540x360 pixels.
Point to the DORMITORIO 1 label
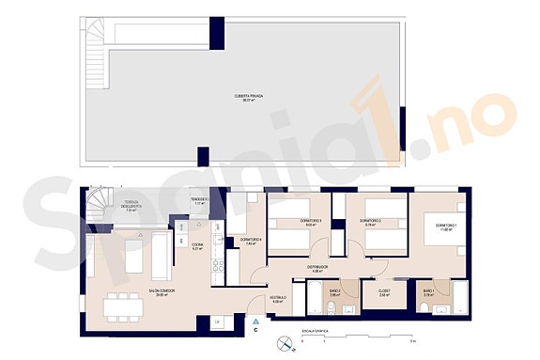click(x=433, y=227)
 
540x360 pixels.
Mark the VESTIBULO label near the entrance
click(x=278, y=299)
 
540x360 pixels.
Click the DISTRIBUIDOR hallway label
click(x=316, y=267)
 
